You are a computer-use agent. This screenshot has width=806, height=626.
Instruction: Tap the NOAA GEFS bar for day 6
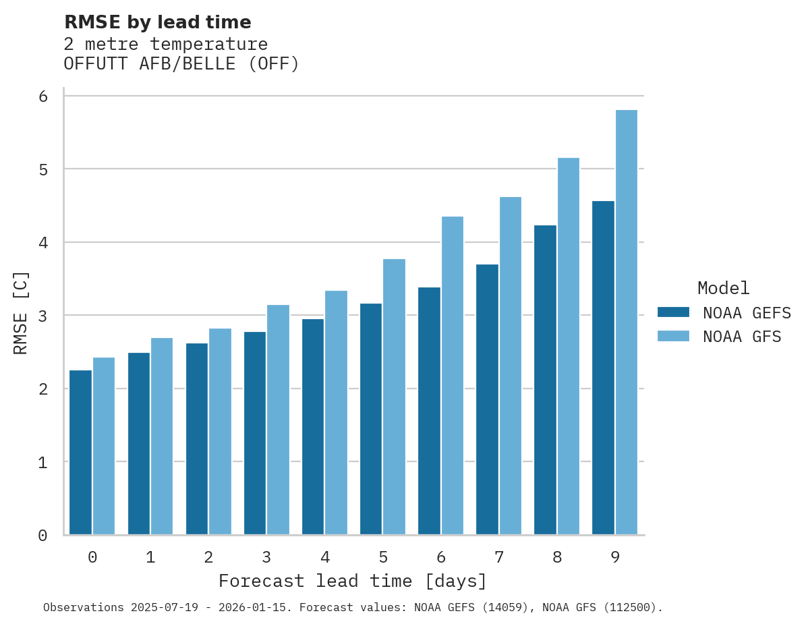429,411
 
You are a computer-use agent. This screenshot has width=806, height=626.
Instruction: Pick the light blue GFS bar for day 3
278,420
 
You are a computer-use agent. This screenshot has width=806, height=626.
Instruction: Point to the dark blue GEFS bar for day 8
545,380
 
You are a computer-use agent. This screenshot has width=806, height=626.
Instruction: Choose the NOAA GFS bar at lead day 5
394,397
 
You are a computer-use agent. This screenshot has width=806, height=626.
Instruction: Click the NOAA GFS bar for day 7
510,366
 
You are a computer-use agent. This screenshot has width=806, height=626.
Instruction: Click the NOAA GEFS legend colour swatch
673,312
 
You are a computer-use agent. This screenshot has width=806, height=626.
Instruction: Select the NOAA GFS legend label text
742,337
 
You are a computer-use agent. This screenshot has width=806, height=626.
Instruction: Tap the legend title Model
723,289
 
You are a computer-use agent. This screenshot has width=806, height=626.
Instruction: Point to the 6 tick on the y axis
43,96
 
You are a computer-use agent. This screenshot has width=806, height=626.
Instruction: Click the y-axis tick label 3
43,316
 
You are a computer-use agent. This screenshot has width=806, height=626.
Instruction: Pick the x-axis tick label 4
325,557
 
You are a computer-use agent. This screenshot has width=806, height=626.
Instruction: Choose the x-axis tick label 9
615,557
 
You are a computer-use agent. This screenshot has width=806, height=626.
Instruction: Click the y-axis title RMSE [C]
21,312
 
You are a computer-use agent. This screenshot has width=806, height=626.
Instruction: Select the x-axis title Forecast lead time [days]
352,581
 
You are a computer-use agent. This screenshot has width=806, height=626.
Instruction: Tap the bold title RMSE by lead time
157,22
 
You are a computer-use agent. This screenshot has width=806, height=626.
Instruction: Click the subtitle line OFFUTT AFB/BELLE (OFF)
181,64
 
